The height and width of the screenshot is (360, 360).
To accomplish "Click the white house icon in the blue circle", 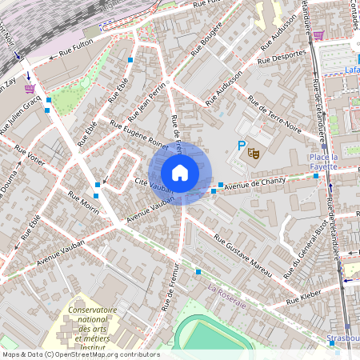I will click(x=180, y=172).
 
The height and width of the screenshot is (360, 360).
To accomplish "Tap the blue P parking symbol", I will click(x=241, y=146).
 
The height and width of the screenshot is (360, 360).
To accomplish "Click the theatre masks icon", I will click(x=255, y=151).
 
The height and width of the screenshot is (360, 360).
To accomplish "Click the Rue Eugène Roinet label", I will click(x=139, y=134).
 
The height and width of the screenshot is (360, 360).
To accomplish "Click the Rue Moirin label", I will click(x=83, y=203).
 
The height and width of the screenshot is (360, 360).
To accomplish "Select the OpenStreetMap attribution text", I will click(x=80, y=354).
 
